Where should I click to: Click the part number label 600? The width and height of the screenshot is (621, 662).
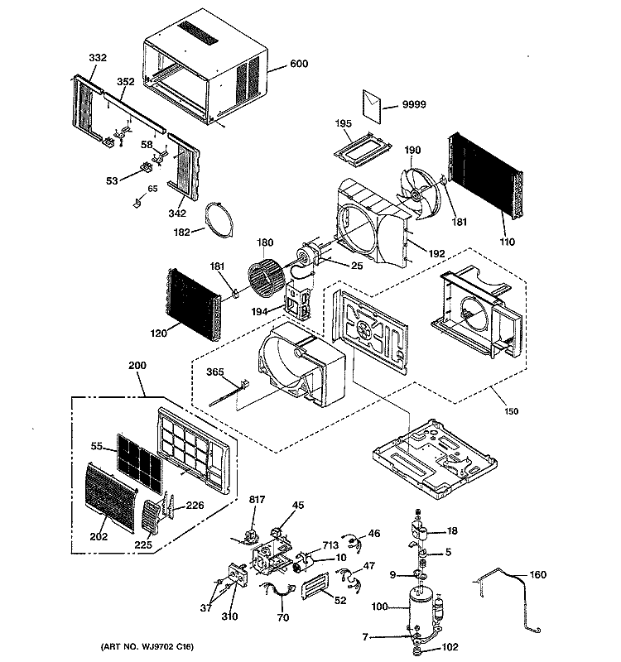coord(299,64)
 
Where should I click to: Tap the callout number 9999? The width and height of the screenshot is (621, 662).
coord(414,104)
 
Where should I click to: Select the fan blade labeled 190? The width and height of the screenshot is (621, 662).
coord(419,194)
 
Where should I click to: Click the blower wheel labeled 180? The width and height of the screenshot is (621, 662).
coord(267,279)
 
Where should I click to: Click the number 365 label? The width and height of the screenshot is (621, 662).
coord(215,372)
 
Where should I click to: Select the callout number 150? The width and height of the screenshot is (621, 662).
coord(511,411)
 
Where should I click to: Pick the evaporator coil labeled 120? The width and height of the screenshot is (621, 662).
coord(194,303)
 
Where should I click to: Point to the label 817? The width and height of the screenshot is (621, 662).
coord(257,500)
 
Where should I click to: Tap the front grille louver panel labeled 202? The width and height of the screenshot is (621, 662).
coord(111,496)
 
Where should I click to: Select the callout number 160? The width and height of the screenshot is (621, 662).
coord(537,574)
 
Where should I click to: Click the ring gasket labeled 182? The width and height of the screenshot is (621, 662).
coord(219,220)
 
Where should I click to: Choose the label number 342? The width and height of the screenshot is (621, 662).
coord(177,213)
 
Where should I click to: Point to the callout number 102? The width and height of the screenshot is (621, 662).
coord(450,647)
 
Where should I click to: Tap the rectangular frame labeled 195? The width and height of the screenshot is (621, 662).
coord(362,150)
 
